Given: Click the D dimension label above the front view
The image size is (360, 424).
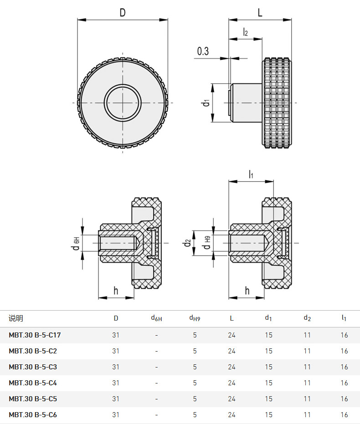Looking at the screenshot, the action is tap(123, 12).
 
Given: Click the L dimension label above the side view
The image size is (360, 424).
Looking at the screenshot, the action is tap(260, 12).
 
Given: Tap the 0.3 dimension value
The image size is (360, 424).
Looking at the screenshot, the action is tap(203, 51).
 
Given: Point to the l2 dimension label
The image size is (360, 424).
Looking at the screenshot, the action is tap(245, 32).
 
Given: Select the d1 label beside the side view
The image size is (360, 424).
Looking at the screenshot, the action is tap(206, 103).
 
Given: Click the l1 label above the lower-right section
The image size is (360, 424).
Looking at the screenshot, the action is tap(251, 174).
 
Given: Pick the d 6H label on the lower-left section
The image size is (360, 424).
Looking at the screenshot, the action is tap(76, 243).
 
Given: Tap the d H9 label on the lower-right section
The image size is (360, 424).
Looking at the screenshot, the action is tap(207, 243).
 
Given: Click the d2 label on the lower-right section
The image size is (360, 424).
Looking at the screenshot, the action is tap(187, 243).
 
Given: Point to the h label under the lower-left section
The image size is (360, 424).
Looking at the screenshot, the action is tap(116, 291).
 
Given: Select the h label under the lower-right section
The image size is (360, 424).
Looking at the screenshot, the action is tap(247, 291).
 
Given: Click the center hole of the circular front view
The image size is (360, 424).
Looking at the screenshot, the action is tap(123, 103).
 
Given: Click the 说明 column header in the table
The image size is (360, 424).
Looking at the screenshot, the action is tap(15, 318).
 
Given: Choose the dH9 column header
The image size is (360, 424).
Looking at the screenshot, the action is tap(195, 318).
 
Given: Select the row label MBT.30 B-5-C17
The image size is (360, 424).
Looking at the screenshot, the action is tap(35, 335).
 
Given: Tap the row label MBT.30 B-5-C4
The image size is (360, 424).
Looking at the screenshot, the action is tap(33, 383).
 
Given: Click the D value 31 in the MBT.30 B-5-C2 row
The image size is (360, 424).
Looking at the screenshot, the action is tap(116, 351).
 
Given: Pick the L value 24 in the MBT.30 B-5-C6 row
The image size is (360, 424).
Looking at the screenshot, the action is tap(232, 415).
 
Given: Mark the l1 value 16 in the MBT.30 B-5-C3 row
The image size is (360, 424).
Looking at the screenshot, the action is tap(345, 367).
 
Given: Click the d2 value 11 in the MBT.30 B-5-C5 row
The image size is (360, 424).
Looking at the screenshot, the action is tap(307, 399).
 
